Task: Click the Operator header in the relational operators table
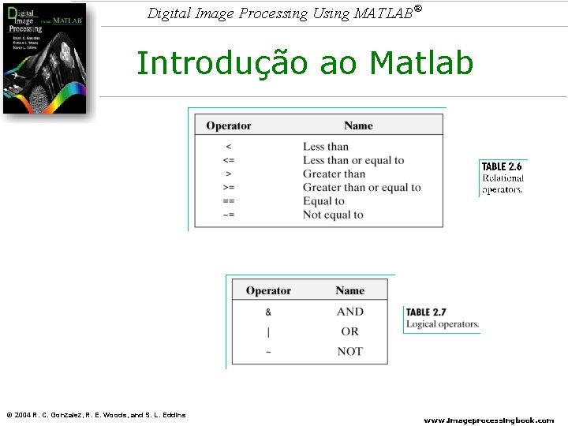pyautogui.click(x=229, y=125)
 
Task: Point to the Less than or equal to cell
pyautogui.click(x=353, y=160)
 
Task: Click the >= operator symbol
pyautogui.click(x=229, y=188)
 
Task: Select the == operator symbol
pyautogui.click(x=229, y=201)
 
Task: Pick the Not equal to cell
pyautogui.click(x=333, y=215)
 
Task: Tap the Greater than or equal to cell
pyautogui.click(x=361, y=188)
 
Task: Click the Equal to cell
pyautogui.click(x=323, y=201)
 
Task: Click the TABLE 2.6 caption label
pyautogui.click(x=502, y=166)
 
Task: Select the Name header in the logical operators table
pyautogui.click(x=349, y=290)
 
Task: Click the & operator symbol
pyautogui.click(x=268, y=312)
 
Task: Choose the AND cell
pyautogui.click(x=349, y=312)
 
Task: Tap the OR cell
pyautogui.click(x=349, y=331)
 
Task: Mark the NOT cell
pyautogui.click(x=349, y=351)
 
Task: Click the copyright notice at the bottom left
pyautogui.click(x=95, y=415)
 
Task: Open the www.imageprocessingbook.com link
pyautogui.click(x=489, y=420)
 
